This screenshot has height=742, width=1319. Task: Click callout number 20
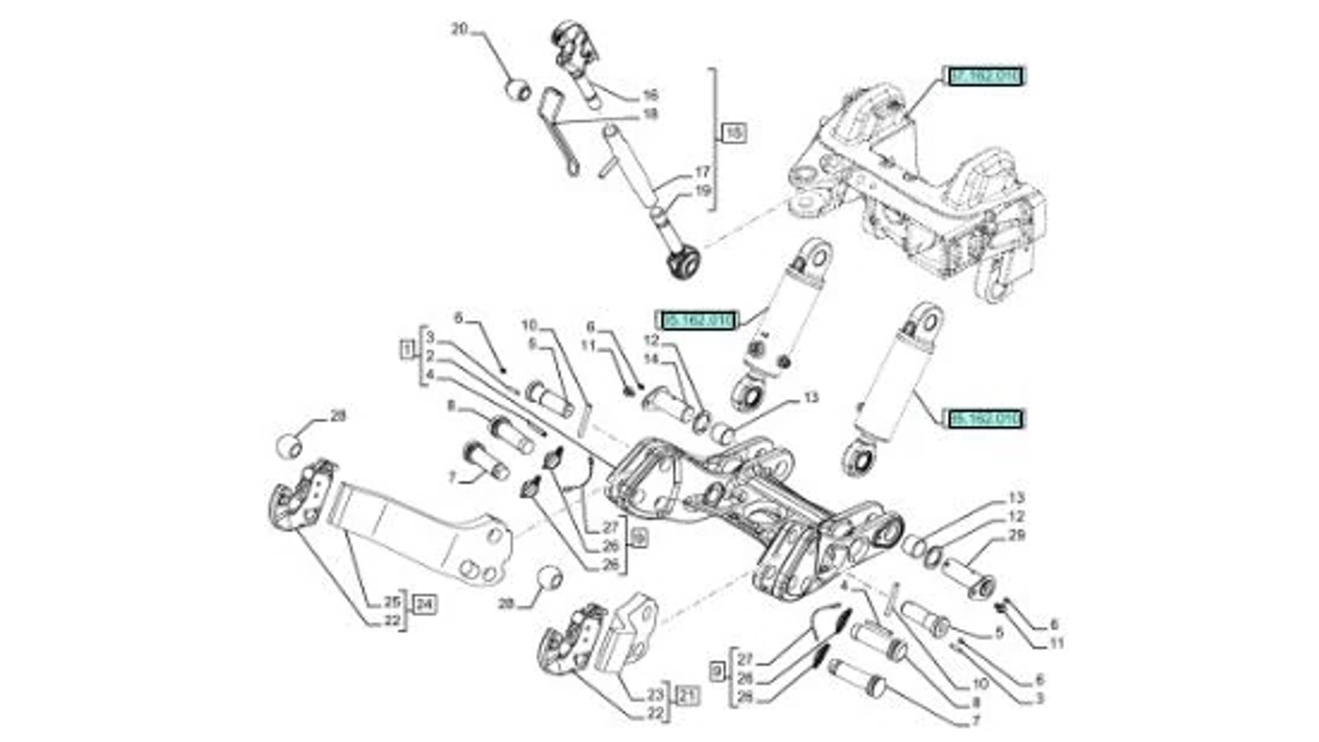tap(459, 30)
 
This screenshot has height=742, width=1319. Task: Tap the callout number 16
tap(650, 95)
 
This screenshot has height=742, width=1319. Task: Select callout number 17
tap(701, 172)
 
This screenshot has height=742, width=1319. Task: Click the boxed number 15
tap(734, 132)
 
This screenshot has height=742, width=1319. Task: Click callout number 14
tap(651, 359)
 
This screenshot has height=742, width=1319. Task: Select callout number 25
tap(392, 602)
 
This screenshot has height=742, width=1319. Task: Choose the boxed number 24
tap(425, 605)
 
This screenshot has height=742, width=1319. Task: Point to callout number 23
tap(655, 695)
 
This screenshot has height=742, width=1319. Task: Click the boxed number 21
tap(687, 696)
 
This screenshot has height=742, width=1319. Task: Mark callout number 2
tap(430, 356)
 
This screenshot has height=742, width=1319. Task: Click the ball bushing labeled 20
tap(519, 90)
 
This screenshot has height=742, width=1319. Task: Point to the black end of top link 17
tap(684, 264)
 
